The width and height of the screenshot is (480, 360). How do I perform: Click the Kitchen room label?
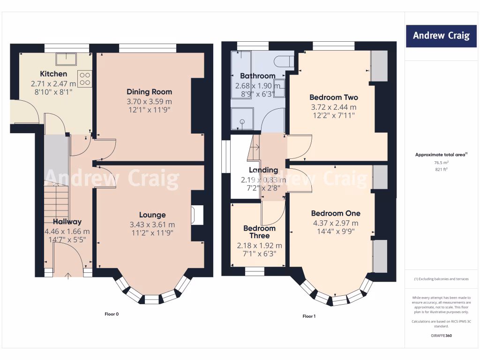pyautogui.click(x=53, y=74)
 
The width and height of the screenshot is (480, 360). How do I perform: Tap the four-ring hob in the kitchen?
pyautogui.click(x=85, y=79)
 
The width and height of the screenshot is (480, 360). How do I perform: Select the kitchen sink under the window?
pyautogui.click(x=66, y=59)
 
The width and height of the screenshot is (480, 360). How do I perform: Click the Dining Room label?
pyautogui.click(x=150, y=92)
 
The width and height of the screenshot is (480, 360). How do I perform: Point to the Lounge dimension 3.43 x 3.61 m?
pyautogui.click(x=152, y=225)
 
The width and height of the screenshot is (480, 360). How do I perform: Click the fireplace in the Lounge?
pyautogui.click(x=197, y=216)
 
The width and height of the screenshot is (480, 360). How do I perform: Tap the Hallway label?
pyautogui.click(x=67, y=222)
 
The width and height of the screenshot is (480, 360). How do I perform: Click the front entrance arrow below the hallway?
pyautogui.click(x=68, y=276)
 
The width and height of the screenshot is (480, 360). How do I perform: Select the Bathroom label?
pyautogui.click(x=258, y=76)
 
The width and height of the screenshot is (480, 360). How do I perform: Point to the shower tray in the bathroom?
pyautogui.click(x=242, y=120)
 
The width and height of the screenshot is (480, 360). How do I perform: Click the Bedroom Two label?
pyautogui.click(x=334, y=97)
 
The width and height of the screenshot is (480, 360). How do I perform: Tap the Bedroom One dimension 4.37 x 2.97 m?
pyautogui.click(x=336, y=224)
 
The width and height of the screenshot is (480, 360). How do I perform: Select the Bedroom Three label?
pyautogui.click(x=260, y=232)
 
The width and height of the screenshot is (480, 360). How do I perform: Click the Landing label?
pyautogui.click(x=263, y=170)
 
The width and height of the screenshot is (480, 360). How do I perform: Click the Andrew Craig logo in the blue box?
pyautogui.click(x=441, y=36)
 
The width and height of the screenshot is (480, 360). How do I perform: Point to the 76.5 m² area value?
pyautogui.click(x=442, y=163)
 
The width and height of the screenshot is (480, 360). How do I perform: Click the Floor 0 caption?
pyautogui.click(x=112, y=314)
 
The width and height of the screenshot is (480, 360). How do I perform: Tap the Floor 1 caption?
pyautogui.click(x=309, y=316)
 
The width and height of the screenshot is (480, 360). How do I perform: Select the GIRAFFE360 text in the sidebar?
pyautogui.click(x=442, y=336)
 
